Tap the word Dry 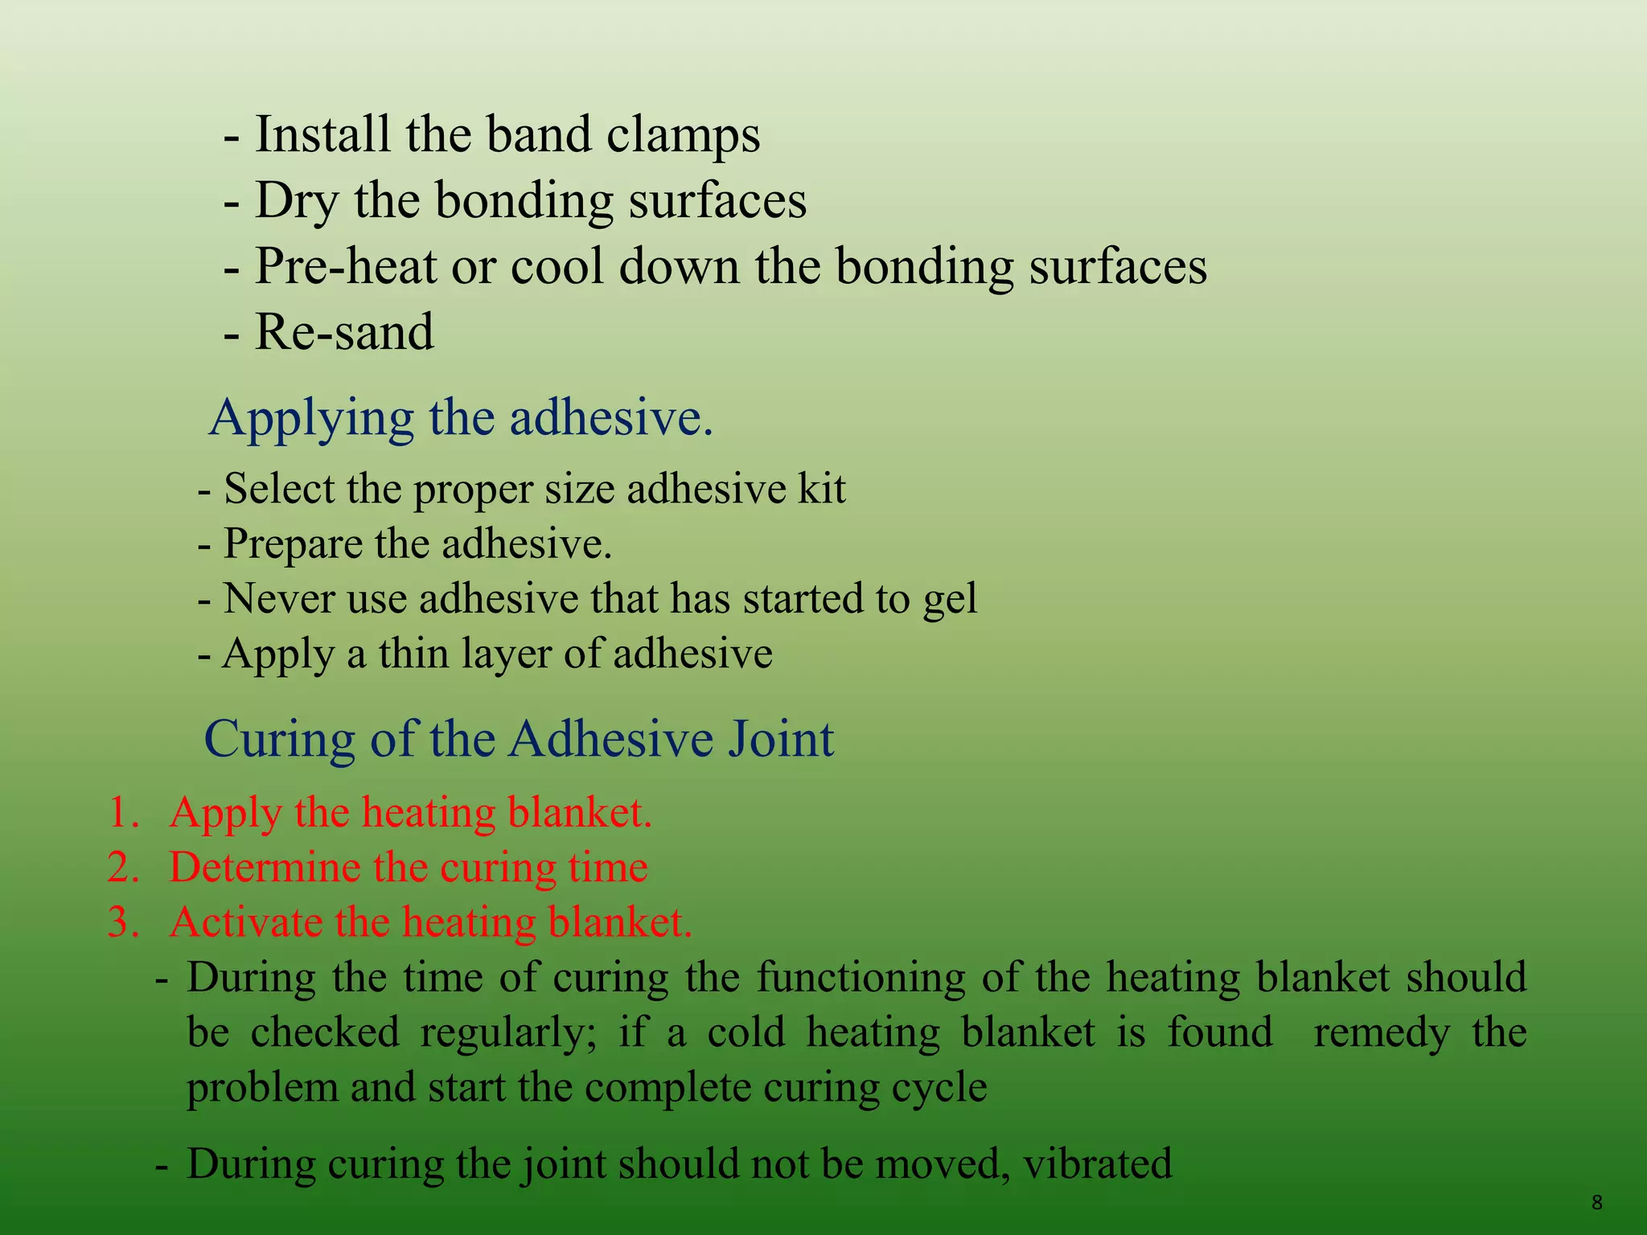[297, 201]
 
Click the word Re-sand [344, 332]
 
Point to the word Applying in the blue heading [311, 419]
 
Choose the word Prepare [293, 544]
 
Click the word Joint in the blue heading [781, 739]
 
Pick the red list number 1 [122, 813]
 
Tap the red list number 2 [122, 868]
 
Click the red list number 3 [122, 923]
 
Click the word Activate [245, 923]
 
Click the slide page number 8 [1597, 1203]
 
